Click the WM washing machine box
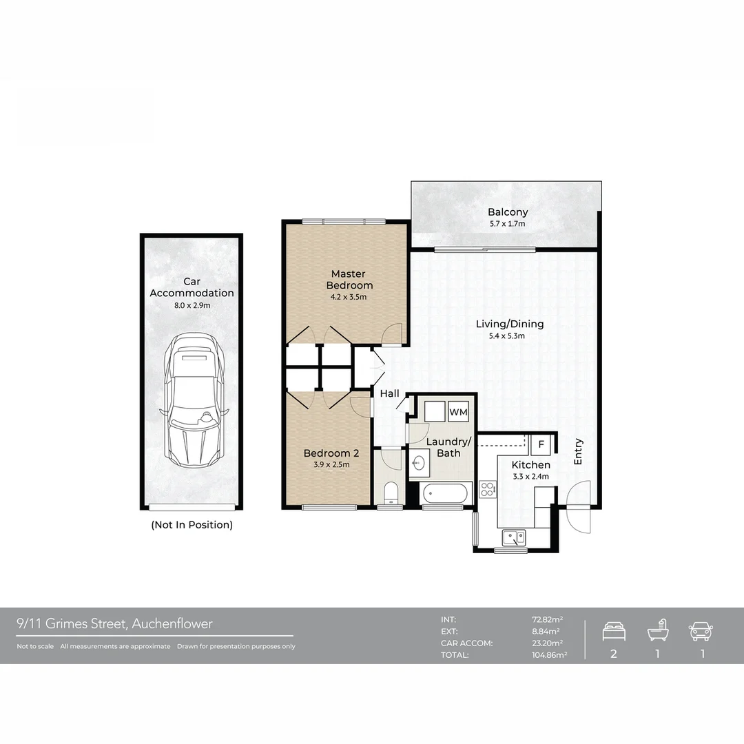(458, 412)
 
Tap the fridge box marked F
(541, 444)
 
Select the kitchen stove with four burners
(487, 489)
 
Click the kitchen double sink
(514, 537)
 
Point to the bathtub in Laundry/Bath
(445, 493)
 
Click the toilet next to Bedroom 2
(390, 493)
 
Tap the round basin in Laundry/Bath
(418, 463)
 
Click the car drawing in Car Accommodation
(194, 399)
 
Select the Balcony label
(508, 212)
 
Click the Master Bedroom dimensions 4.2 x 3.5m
(349, 297)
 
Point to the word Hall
(389, 393)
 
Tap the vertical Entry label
(578, 451)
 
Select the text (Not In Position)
(192, 525)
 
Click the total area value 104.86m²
(550, 655)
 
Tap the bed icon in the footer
(614, 632)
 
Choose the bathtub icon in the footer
(658, 630)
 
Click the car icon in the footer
(701, 631)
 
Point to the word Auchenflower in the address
(172, 623)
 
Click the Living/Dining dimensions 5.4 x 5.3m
(507, 336)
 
